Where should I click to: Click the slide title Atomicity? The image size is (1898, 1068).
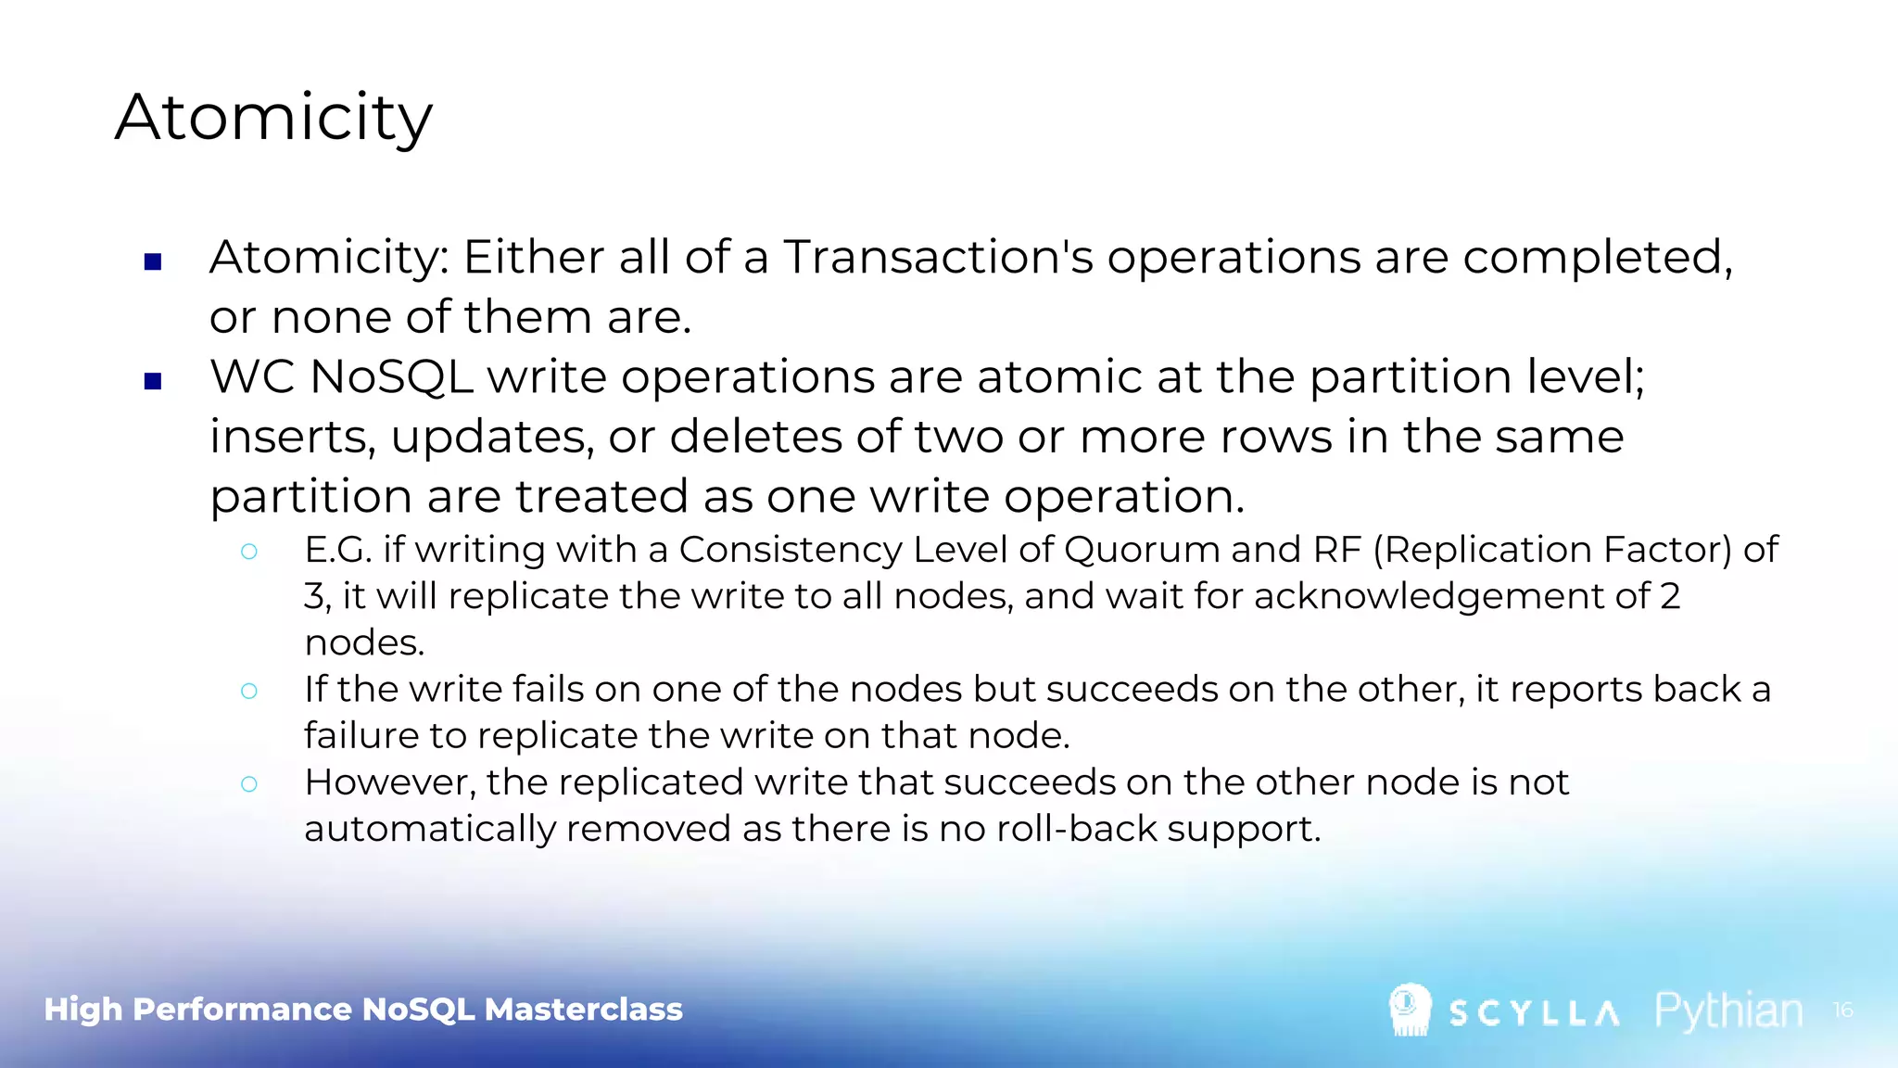(273, 118)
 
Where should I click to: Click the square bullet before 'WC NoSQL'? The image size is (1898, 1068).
(154, 381)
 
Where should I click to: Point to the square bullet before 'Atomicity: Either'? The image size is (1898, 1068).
(154, 262)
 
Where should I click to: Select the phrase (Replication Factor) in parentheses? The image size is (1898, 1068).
(1551, 550)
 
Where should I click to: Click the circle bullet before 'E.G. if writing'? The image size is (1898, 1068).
(248, 552)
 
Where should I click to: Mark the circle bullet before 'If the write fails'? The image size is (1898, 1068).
(248, 691)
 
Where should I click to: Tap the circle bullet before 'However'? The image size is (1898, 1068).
(248, 784)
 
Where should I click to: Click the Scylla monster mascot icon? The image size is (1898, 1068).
(1410, 1010)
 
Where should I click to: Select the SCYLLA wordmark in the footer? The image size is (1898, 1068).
(1535, 1013)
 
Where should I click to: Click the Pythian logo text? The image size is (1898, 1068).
(1728, 1011)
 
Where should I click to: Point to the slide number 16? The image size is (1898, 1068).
(1842, 1010)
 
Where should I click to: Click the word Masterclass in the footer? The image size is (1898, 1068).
(583, 1010)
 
